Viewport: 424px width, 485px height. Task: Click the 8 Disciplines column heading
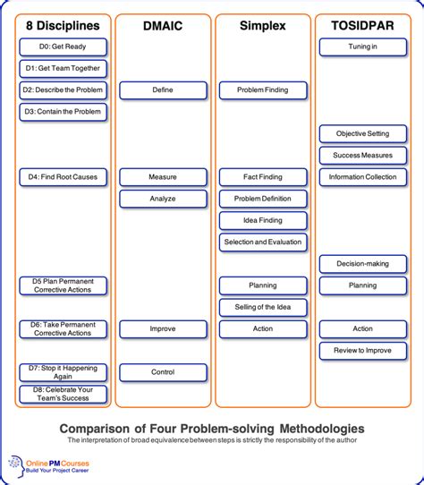(63, 26)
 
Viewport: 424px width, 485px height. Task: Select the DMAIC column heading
(162, 26)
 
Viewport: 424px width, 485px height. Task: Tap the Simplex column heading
(262, 26)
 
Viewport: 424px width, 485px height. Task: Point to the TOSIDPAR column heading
(362, 26)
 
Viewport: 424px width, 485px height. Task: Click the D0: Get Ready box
(63, 47)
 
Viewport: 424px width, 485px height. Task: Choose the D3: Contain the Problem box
(63, 112)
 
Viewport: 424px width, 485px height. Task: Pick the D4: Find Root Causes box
(63, 177)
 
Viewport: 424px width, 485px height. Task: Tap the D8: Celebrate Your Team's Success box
(63, 394)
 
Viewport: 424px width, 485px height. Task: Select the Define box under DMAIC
(162, 90)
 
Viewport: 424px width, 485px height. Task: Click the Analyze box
(162, 199)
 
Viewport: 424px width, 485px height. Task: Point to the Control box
(162, 372)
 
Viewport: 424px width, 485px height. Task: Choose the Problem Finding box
(262, 90)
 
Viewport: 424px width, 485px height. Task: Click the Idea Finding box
(262, 220)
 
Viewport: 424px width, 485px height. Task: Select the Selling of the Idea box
(262, 307)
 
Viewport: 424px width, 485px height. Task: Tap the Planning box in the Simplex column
(262, 285)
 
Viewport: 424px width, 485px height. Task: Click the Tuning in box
(362, 47)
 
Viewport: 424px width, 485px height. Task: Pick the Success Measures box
(362, 156)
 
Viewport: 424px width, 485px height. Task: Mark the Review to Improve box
(362, 350)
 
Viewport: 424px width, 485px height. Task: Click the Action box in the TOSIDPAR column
(362, 328)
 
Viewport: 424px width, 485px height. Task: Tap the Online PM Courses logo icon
(17, 464)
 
